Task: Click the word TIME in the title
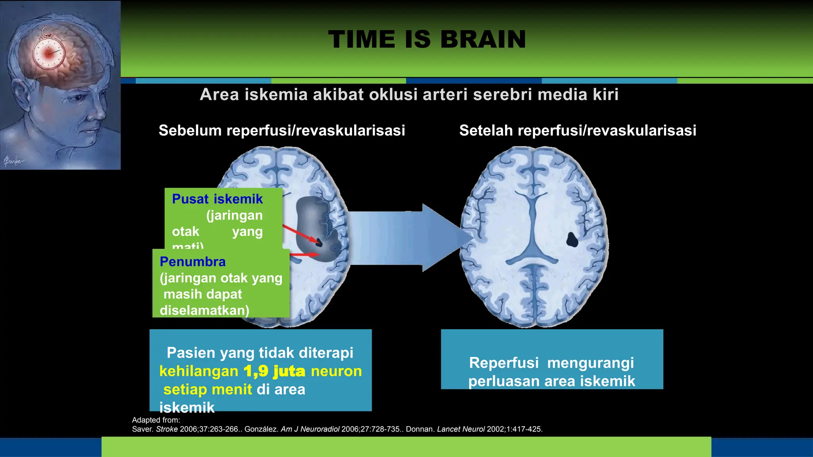(362, 40)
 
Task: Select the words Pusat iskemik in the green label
(217, 199)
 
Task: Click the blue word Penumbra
(193, 262)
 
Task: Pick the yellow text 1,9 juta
(274, 371)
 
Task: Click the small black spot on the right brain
(572, 240)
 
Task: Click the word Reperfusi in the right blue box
(504, 363)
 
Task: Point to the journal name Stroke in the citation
(167, 429)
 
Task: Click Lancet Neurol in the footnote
(461, 429)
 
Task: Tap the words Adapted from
(156, 420)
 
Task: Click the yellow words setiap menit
(208, 390)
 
